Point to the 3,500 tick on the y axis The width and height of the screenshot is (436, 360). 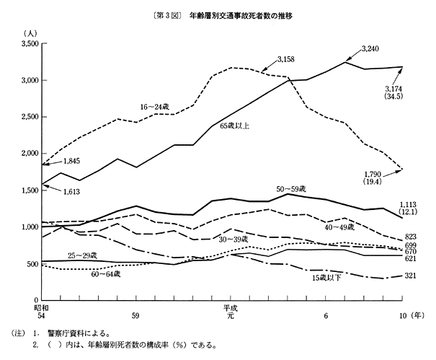tap(28, 44)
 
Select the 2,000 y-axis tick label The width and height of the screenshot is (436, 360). tap(28, 154)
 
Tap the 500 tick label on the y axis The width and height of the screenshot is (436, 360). tap(32, 264)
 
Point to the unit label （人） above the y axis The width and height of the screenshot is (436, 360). tap(31, 33)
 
